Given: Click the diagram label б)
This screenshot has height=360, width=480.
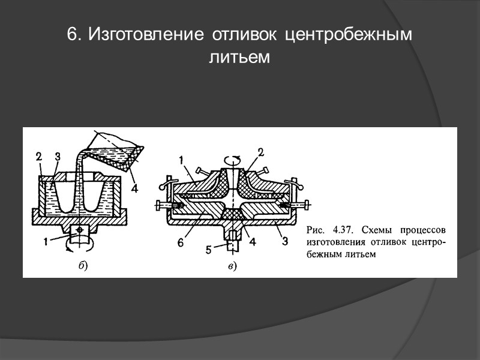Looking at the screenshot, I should (83, 266).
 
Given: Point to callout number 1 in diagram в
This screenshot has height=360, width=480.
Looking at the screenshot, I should (179, 160).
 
